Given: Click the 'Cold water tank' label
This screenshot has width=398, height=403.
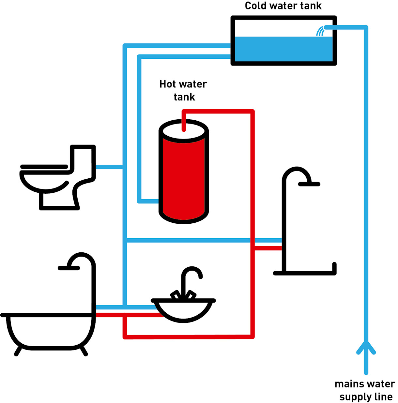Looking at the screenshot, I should pyautogui.click(x=283, y=6).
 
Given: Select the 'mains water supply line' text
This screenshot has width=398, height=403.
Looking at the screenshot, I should pyautogui.click(x=365, y=390).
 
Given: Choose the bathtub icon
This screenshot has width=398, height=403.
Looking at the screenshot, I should pyautogui.click(x=49, y=329).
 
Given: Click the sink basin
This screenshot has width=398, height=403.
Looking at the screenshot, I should pyautogui.click(x=183, y=310).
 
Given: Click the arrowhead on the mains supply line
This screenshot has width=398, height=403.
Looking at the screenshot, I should pyautogui.click(x=366, y=347).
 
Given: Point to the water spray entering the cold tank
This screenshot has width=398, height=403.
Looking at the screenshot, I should pyautogui.click(x=320, y=32).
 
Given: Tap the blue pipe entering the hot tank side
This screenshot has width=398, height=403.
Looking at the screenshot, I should pyautogui.click(x=148, y=201).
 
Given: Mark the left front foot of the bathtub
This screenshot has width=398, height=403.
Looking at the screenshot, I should pyautogui.click(x=18, y=351).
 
